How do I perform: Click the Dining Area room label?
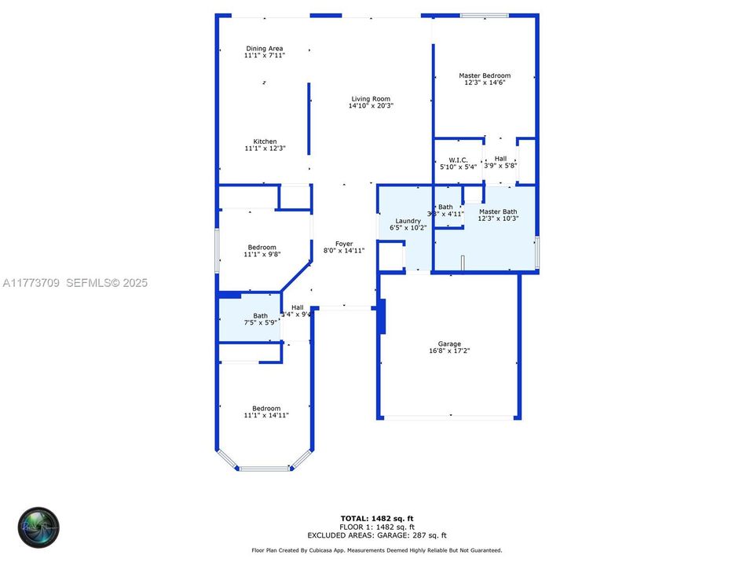point(265,49)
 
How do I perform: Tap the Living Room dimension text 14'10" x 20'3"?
point(371,105)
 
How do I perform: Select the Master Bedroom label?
point(485,75)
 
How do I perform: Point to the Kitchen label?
point(265,141)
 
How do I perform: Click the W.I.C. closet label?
point(459,160)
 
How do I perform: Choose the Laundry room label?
point(408,221)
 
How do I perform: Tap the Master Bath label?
point(498,211)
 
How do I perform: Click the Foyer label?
point(344,244)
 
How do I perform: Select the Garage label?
point(449,344)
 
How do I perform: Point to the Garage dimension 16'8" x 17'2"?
point(449,351)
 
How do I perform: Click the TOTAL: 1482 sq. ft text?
point(377,518)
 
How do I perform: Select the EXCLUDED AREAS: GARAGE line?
point(377,535)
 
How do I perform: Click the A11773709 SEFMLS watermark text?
point(75,283)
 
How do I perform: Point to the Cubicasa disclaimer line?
point(377,551)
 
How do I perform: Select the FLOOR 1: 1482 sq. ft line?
point(377,526)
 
